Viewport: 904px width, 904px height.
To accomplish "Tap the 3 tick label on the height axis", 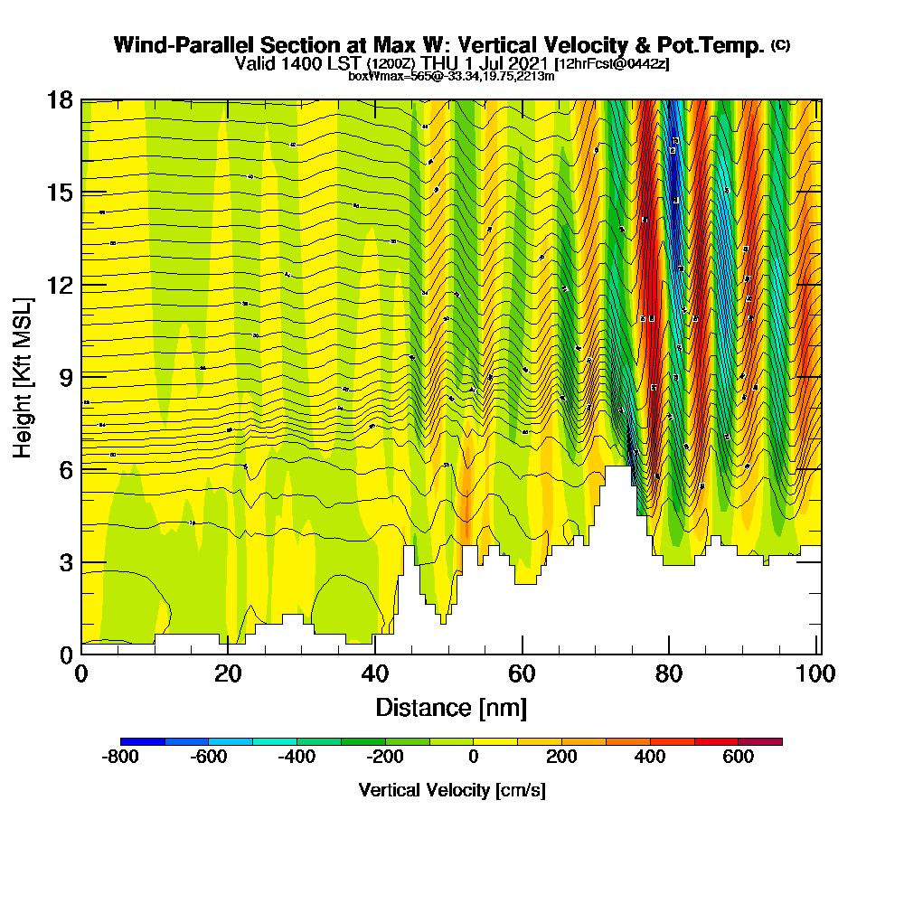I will (66, 561).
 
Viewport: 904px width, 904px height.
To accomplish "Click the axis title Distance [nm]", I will (451, 707).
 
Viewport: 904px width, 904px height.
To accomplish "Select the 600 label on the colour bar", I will (739, 758).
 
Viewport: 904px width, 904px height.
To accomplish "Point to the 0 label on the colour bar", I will (473, 758).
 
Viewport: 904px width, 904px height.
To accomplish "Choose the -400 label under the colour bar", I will (297, 758).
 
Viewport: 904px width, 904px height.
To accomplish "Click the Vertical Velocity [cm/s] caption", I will (452, 790).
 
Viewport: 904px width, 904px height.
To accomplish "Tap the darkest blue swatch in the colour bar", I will (143, 741).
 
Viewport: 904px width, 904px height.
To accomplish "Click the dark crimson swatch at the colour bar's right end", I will (760, 741).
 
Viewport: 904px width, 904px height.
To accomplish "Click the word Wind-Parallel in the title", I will (170, 45).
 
